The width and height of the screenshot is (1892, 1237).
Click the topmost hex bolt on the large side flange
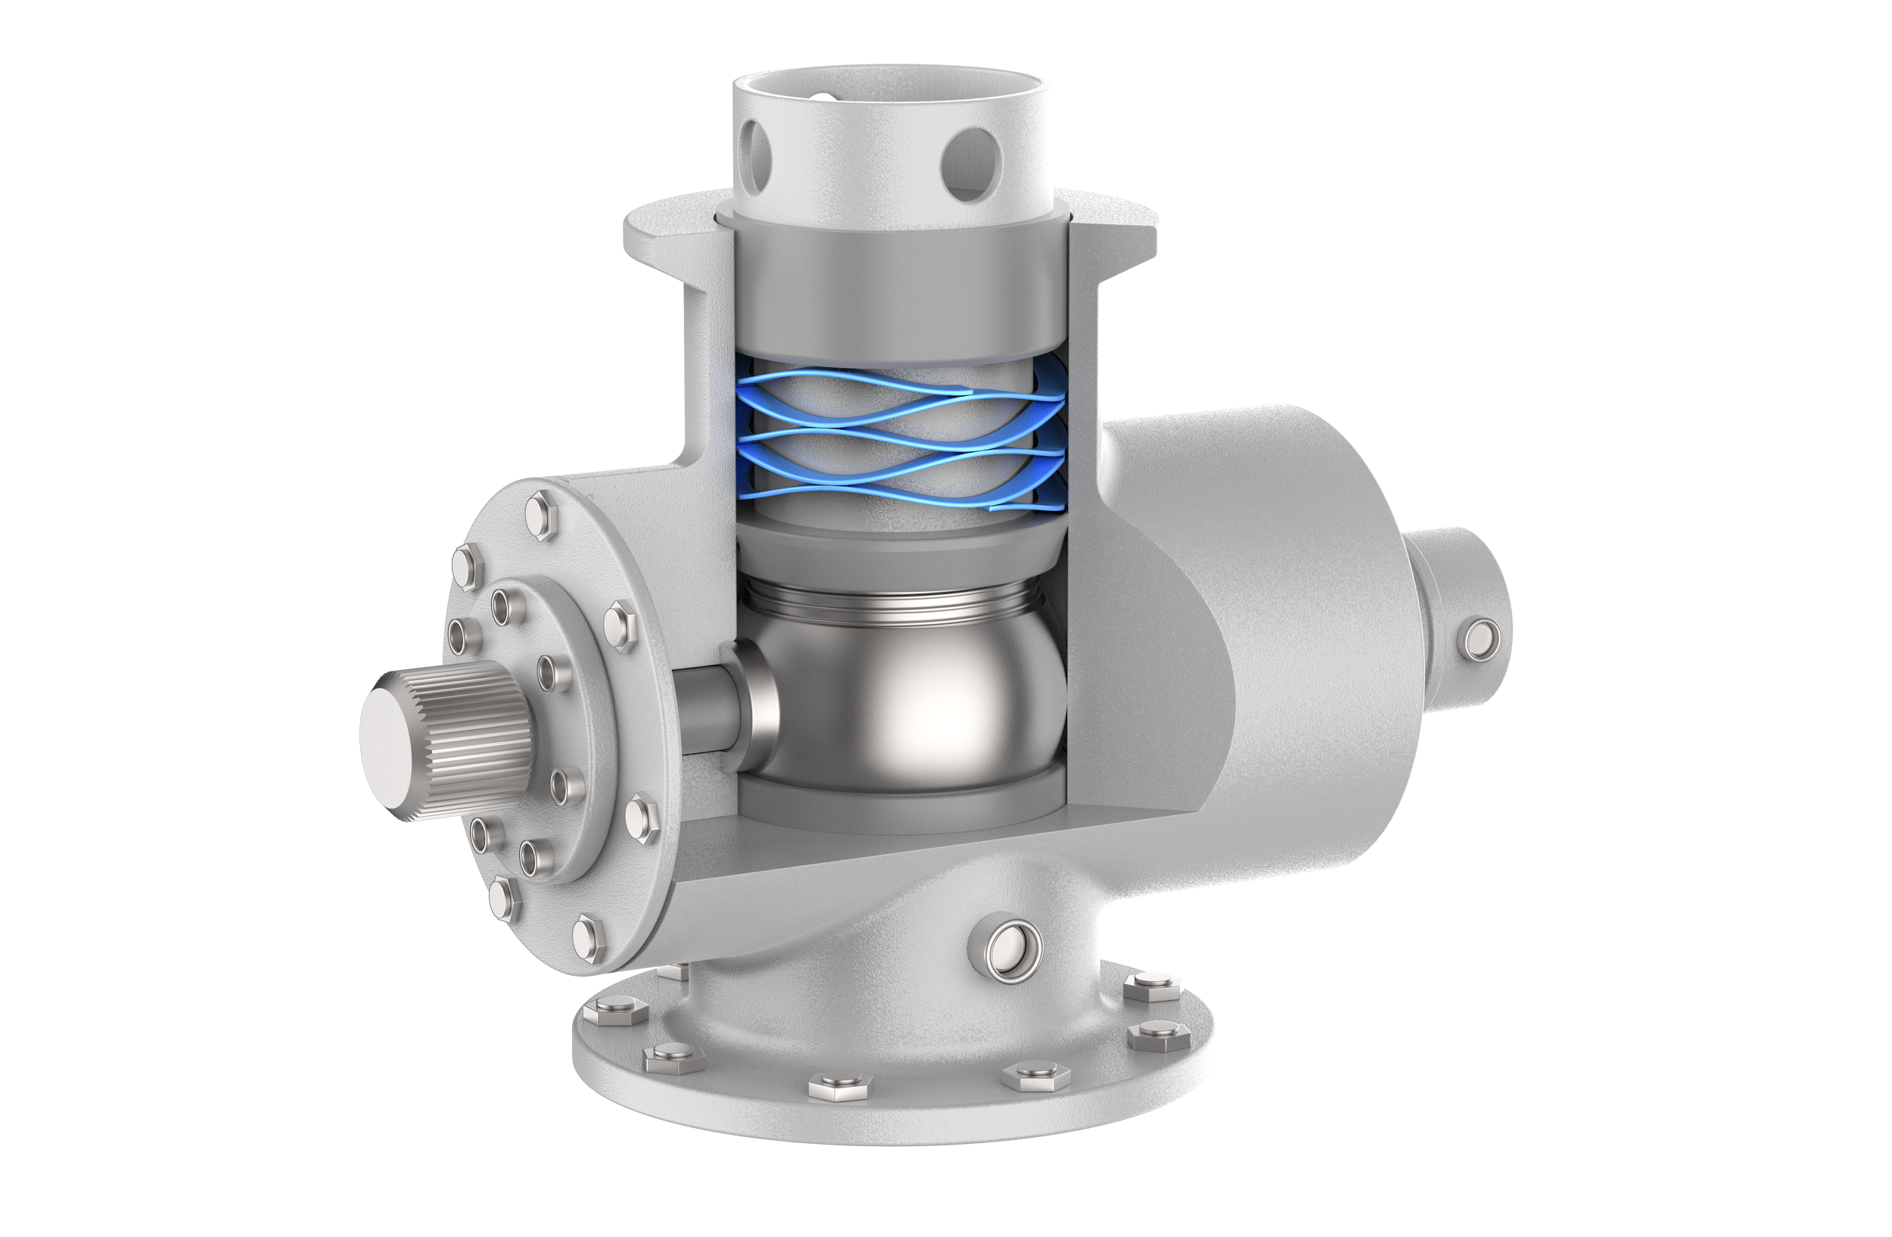point(542,515)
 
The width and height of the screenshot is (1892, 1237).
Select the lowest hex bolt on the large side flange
point(589,939)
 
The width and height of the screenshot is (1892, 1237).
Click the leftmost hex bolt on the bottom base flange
point(614,1012)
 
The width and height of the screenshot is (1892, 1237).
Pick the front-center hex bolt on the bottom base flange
point(839,1085)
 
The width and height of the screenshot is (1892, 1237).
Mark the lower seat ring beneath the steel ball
point(898,803)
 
